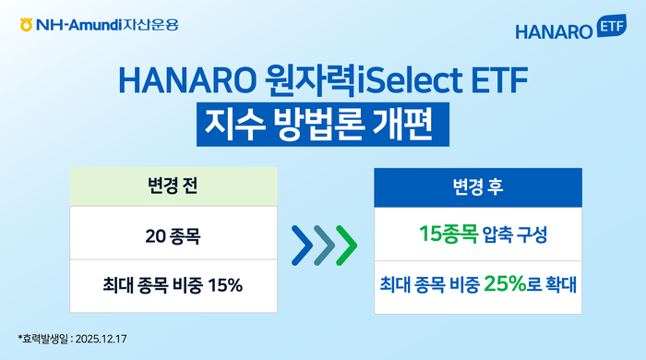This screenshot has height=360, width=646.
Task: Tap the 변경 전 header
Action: point(173,186)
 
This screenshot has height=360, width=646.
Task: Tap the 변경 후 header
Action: point(478,186)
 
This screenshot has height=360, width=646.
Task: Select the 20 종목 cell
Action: point(173,236)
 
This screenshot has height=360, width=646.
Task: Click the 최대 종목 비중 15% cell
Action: point(173,285)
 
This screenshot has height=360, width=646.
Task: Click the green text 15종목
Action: point(448,235)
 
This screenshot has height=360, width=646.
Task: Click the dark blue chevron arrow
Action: point(302,242)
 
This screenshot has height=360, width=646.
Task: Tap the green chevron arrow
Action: point(346,242)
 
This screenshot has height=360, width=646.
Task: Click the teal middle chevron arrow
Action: point(324,242)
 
